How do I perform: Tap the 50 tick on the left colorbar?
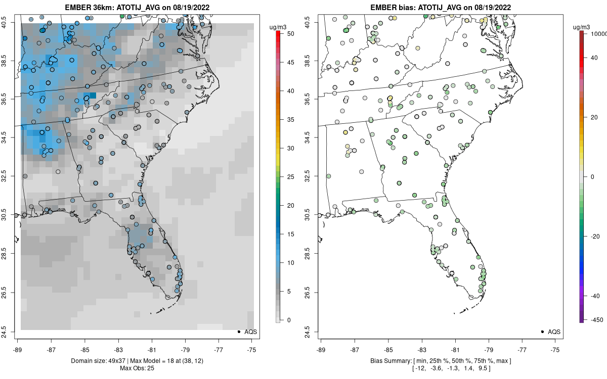coord(287,33)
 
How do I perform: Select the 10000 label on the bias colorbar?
coord(598,33)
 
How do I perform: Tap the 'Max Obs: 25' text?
coord(137,368)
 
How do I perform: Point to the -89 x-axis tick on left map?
coord(17,349)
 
